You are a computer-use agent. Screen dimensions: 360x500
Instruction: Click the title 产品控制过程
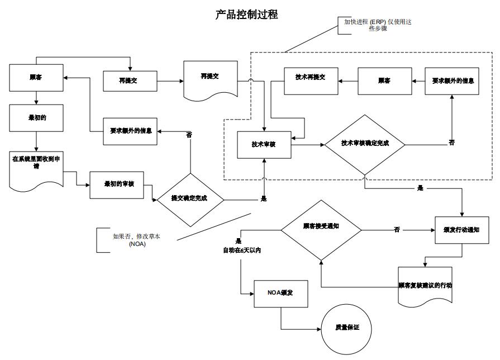(246, 15)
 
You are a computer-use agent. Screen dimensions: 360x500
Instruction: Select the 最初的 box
(36, 118)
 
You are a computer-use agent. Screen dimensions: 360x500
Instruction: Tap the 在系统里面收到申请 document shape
(37, 167)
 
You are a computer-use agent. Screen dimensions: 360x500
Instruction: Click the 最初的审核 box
(117, 184)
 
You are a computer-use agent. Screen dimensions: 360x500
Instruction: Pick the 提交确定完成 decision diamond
(190, 198)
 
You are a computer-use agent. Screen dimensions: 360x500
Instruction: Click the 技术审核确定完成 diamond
(365, 144)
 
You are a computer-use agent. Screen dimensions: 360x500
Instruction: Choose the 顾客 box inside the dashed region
(384, 81)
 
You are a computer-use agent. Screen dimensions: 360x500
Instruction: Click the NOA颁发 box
(280, 293)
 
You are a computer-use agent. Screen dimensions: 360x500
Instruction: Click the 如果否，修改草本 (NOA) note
(129, 240)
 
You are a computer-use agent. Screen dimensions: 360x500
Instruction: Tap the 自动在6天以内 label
(242, 250)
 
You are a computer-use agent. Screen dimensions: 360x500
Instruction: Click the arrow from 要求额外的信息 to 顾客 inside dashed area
(419, 81)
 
